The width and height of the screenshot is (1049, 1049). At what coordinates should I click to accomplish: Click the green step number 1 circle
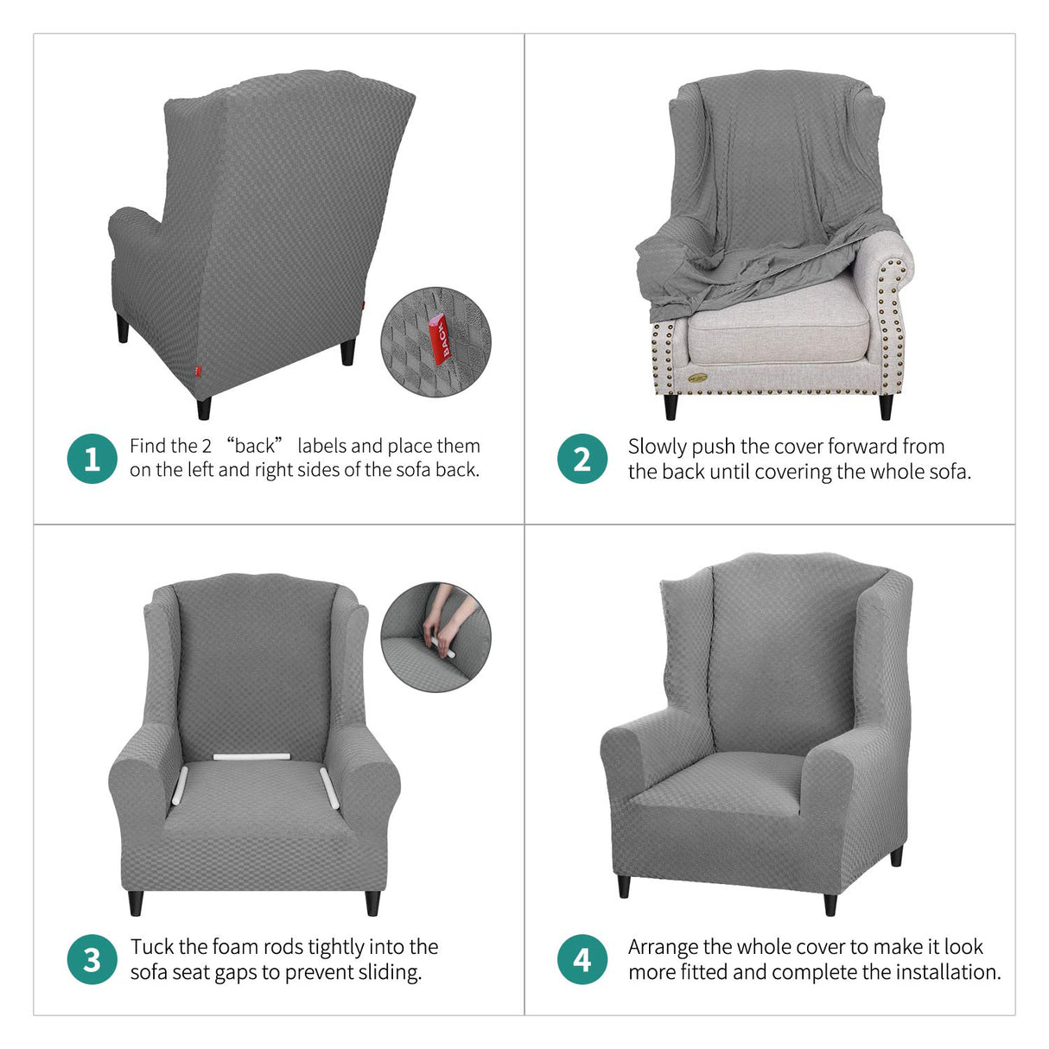(x=92, y=459)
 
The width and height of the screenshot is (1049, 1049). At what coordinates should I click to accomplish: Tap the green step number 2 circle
(x=582, y=459)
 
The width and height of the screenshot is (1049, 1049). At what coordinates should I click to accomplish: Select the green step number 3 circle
(x=92, y=959)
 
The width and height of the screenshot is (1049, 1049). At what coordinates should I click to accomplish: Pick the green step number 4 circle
(x=582, y=959)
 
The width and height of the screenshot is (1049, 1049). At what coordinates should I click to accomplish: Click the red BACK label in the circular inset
(x=440, y=340)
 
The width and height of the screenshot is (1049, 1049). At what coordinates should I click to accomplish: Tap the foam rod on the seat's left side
(x=181, y=785)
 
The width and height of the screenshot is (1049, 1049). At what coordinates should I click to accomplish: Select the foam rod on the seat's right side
(x=331, y=785)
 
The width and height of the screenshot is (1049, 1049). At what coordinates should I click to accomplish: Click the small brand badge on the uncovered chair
(x=697, y=377)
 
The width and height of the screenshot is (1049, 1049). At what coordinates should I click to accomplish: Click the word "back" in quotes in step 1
(x=255, y=446)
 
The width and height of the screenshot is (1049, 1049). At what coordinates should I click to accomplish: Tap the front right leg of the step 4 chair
(x=830, y=904)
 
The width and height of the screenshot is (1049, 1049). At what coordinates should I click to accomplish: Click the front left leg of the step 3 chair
(x=135, y=903)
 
